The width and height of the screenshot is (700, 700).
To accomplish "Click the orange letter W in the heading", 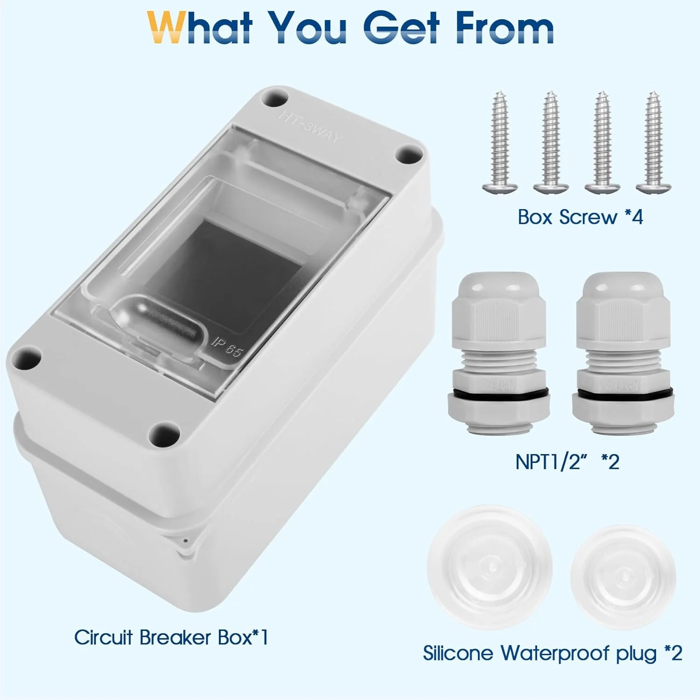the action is click(166, 28).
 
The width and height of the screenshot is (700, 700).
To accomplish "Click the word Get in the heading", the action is click(401, 28).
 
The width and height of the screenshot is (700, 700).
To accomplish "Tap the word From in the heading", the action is click(505, 28).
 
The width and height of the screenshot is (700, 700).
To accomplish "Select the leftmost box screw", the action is click(500, 142).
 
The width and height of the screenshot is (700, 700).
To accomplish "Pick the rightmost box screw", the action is click(653, 142).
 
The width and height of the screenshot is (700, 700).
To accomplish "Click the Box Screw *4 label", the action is click(580, 217).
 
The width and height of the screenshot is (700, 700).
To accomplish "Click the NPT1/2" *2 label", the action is click(567, 462).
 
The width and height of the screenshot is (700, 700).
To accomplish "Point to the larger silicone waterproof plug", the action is click(490, 568).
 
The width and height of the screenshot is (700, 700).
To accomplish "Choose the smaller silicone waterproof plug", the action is click(623, 577).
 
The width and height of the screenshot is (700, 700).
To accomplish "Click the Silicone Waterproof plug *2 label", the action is click(553, 653).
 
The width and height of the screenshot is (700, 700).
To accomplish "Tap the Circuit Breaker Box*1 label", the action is click(171, 637).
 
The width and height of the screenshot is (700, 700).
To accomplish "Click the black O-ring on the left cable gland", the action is click(499, 392).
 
